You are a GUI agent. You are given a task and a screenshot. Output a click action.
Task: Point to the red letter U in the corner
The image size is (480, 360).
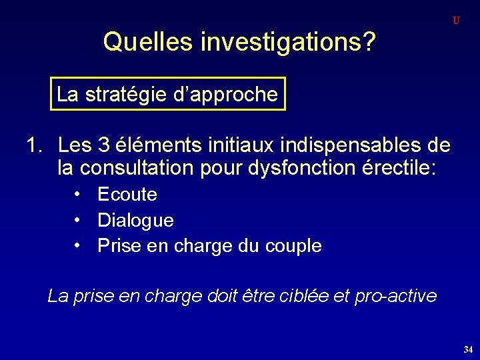[456, 21]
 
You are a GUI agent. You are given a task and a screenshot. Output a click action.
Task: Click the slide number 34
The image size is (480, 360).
[467, 349]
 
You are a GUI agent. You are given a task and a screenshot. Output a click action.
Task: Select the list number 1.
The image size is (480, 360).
[33, 144]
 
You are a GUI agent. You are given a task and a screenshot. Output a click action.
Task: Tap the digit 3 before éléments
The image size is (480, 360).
[103, 144]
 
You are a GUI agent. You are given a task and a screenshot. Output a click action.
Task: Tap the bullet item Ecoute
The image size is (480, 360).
[127, 195]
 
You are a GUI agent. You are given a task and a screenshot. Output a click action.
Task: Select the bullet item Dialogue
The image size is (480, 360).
[135, 220]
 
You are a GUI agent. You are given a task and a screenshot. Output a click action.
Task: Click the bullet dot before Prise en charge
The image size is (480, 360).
[79, 245]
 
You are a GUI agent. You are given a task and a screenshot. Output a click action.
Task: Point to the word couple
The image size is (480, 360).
[294, 246]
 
